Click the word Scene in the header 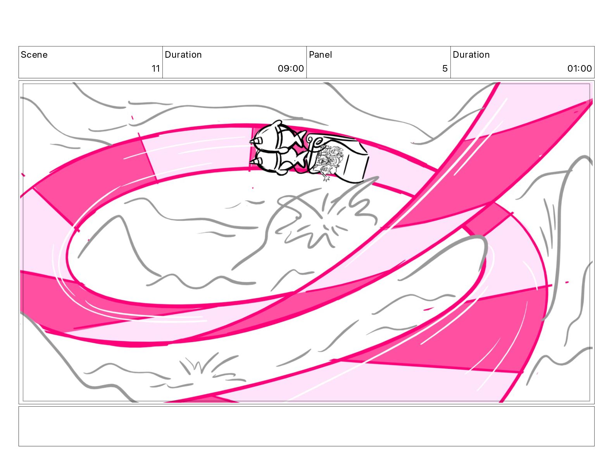(34, 55)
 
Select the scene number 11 (156, 68)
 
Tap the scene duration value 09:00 (290, 68)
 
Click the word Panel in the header (320, 55)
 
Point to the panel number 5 (445, 68)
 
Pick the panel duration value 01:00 (579, 68)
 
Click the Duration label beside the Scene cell (183, 55)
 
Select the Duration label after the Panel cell (471, 55)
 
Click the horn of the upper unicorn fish (254, 140)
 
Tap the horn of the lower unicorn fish (254, 162)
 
